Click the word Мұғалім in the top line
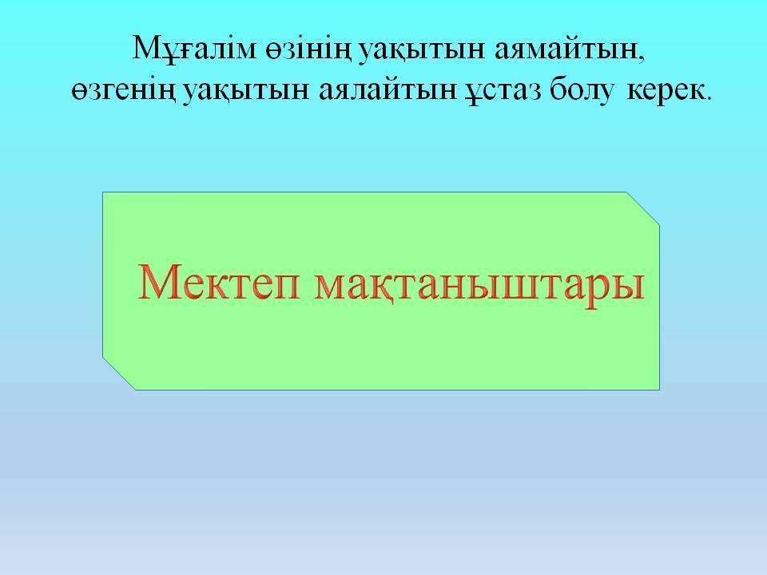point(195,49)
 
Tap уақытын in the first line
point(423,51)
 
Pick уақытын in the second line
point(247,92)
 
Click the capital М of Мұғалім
point(148,47)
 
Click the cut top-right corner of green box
point(643,208)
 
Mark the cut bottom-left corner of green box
point(119,374)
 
